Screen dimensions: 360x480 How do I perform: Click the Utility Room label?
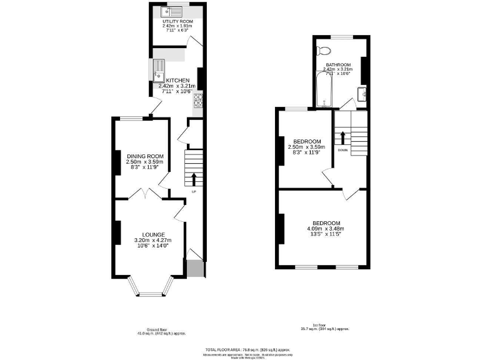177,21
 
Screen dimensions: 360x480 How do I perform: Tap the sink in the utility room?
171,10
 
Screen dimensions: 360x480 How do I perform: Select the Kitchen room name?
177,80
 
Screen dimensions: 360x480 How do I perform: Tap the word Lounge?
152,234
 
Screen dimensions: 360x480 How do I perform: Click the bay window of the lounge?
150,287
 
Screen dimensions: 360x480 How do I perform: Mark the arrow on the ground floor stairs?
193,179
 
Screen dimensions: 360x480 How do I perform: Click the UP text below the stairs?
193,191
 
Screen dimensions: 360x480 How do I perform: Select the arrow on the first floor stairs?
342,137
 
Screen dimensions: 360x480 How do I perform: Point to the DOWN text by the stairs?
342,150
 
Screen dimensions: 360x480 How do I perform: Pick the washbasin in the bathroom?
361,94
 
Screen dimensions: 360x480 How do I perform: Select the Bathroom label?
337,64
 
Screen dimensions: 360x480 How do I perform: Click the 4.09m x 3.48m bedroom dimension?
325,229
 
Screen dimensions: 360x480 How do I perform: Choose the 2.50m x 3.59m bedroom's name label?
307,141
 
